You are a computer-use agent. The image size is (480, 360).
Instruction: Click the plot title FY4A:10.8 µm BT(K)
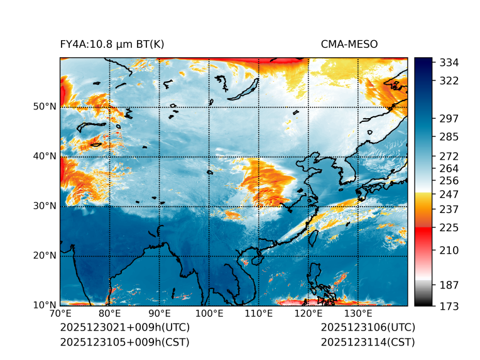112,44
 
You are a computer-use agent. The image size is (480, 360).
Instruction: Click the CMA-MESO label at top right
349,44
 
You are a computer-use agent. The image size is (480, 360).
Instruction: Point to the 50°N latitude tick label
45,107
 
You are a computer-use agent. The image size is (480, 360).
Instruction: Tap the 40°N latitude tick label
45,156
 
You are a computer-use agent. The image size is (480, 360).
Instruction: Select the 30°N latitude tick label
45,206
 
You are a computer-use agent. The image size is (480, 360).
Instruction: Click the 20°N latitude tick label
45,256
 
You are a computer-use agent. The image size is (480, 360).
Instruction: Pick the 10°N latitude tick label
45,305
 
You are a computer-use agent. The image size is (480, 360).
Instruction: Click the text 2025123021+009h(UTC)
125,328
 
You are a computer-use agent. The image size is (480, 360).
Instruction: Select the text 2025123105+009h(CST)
124,342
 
